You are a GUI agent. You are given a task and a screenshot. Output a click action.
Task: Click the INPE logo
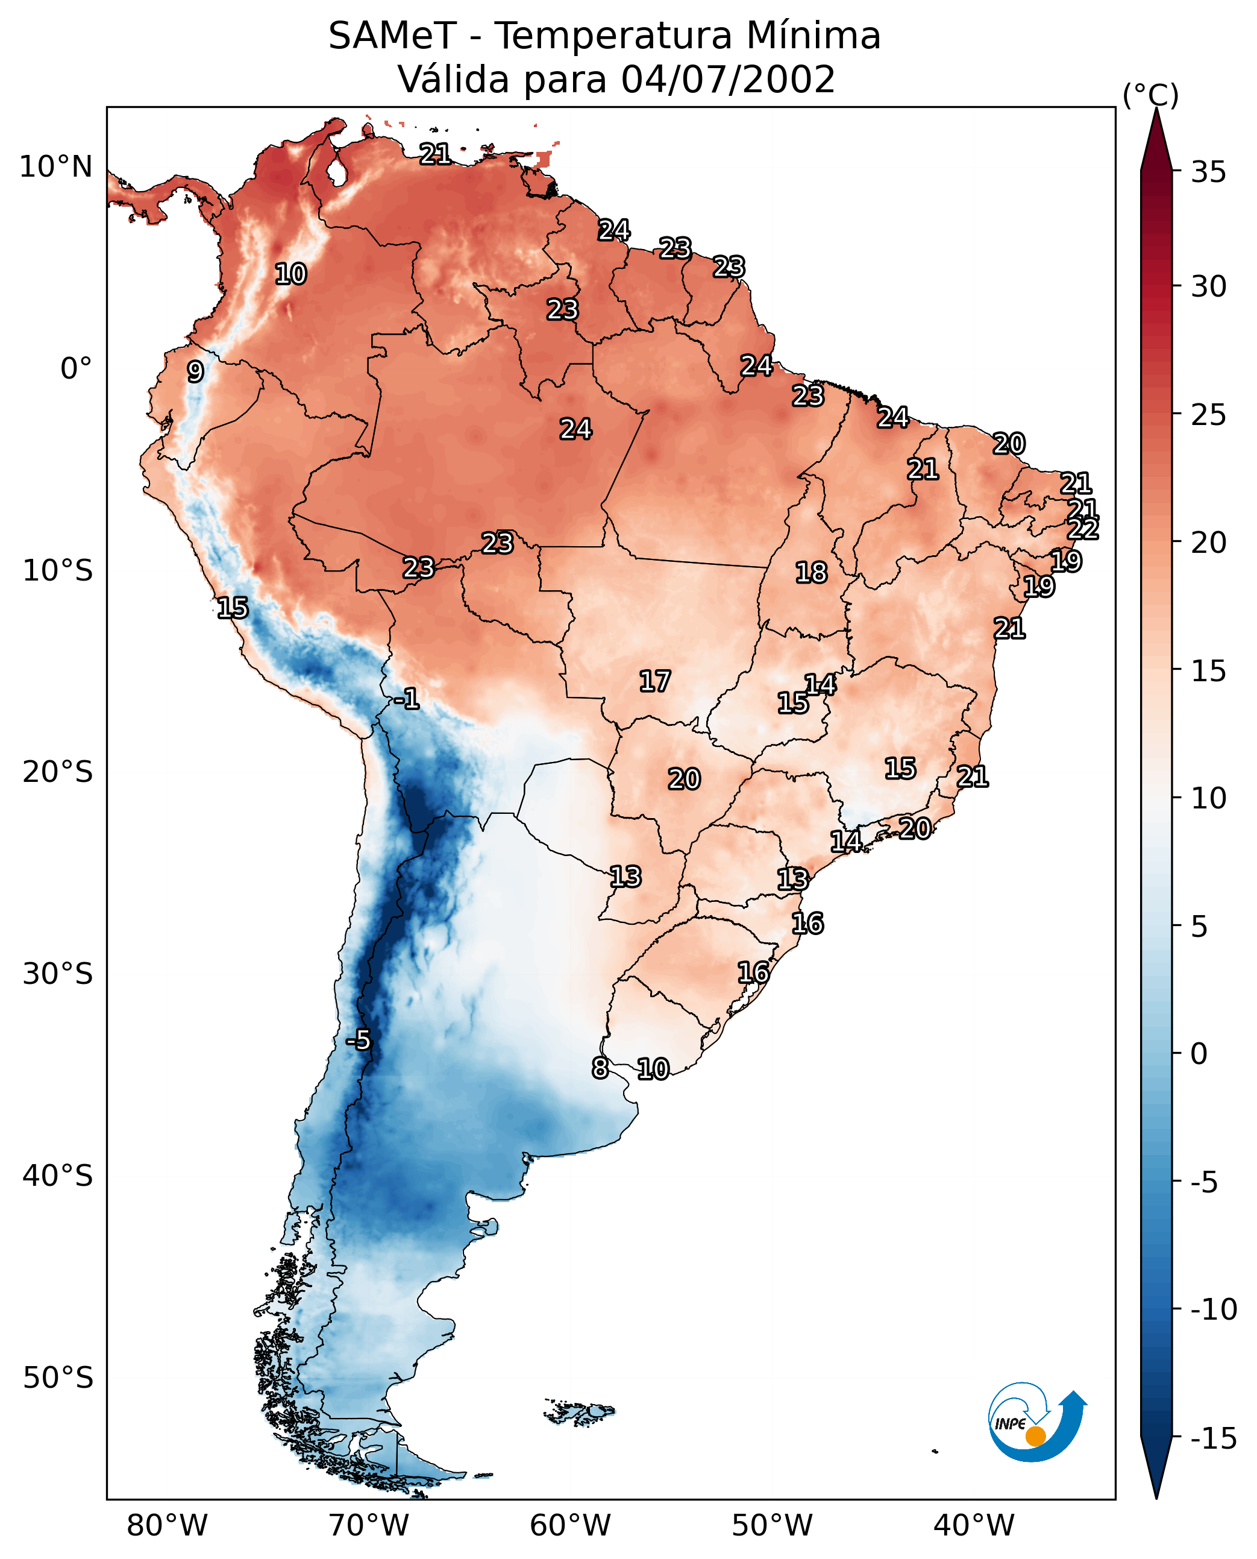(1036, 1423)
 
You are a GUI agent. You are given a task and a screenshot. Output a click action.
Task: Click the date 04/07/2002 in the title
(728, 79)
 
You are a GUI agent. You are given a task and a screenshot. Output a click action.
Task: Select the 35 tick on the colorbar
(1208, 172)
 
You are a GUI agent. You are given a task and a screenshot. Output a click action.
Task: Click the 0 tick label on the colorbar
(1199, 1054)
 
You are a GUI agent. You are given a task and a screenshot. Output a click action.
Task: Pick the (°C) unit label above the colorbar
(1150, 95)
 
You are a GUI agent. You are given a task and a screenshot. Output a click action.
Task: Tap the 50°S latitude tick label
(58, 1377)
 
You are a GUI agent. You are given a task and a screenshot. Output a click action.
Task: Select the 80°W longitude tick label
(168, 1525)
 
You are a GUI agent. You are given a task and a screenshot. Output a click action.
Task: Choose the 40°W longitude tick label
(974, 1525)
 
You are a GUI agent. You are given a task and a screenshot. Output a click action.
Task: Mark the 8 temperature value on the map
(600, 1068)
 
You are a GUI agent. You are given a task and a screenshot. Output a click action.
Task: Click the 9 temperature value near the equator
(195, 371)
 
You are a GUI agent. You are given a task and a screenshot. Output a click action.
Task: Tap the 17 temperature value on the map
(654, 681)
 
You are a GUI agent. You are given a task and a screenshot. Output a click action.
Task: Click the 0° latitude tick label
(76, 369)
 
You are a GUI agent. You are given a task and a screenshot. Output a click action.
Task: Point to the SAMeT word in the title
(392, 36)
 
